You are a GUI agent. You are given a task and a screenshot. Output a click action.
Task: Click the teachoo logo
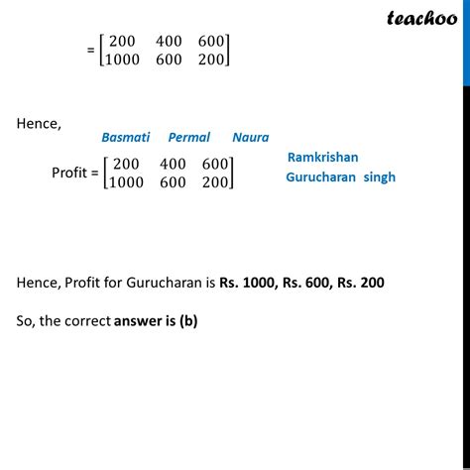419,17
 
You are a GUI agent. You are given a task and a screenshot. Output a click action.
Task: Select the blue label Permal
188,138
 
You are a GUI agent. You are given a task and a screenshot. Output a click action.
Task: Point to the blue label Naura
250,138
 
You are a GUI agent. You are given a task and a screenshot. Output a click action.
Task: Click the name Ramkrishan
322,158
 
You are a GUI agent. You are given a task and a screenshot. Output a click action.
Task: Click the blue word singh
379,177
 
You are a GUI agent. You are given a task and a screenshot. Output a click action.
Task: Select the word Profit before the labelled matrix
72,174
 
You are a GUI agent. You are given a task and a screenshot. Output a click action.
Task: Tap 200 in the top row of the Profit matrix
126,164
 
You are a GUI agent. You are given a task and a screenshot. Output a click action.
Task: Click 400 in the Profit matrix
170,164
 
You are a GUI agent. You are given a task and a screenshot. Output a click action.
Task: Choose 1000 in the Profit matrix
125,182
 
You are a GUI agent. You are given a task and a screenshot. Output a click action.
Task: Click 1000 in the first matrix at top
124,59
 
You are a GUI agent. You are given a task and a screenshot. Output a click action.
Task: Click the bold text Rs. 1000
252,283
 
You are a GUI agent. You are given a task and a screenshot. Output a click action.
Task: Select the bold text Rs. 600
318,283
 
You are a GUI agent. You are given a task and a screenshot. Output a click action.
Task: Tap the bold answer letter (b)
188,321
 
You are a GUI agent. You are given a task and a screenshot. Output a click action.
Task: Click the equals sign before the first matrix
92,49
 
